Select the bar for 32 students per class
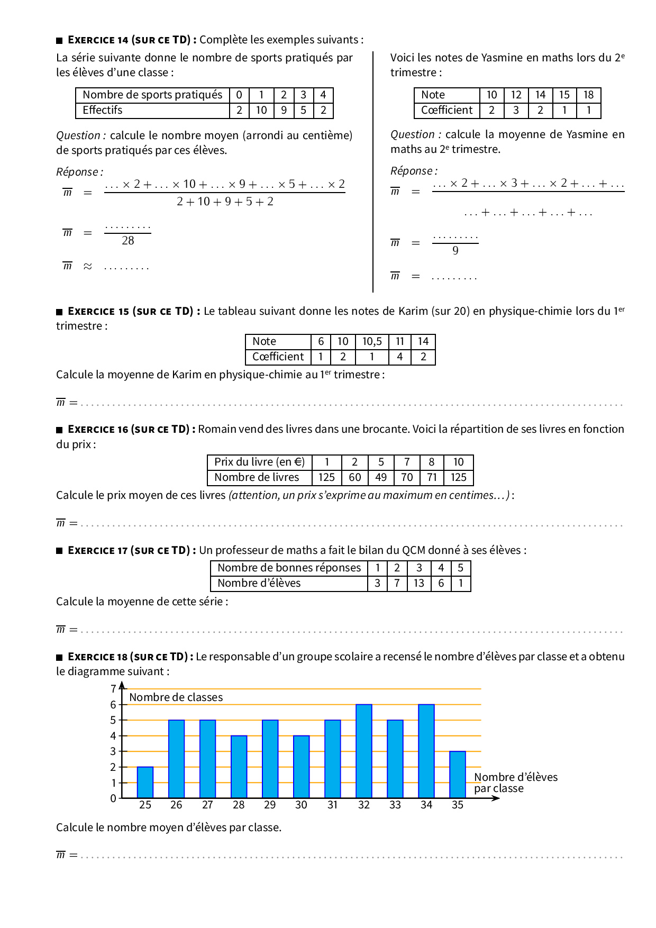[x=364, y=751]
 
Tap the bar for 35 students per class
[x=458, y=775]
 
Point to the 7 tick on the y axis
[x=113, y=689]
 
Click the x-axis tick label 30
[x=301, y=805]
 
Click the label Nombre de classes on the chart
[x=176, y=697]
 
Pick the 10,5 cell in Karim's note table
[x=372, y=342]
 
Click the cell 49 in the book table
[x=381, y=477]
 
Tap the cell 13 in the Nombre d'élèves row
[x=419, y=583]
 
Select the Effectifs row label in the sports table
[x=103, y=110]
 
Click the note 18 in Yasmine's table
[x=588, y=95]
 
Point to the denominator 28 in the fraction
[x=128, y=241]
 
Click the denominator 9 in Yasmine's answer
[x=455, y=251]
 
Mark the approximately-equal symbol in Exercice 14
[x=88, y=266]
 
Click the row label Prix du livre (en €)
[x=259, y=462]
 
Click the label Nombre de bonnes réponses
[x=289, y=568]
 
